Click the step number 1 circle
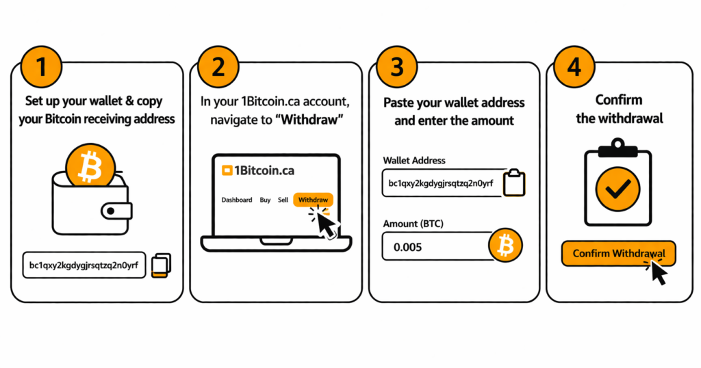coord(42,67)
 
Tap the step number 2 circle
coord(218,67)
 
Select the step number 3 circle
coord(396,67)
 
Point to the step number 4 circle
coord(574,67)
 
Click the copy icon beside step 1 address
coord(162,265)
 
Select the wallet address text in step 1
coord(84,265)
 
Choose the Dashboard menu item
coord(236,200)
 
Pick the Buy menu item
coord(265,200)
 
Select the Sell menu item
coord(283,200)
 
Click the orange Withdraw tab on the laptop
coord(314,200)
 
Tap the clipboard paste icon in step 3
coord(514,183)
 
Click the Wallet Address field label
coord(414,161)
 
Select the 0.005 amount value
coord(407,247)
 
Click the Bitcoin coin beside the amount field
coord(505,245)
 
